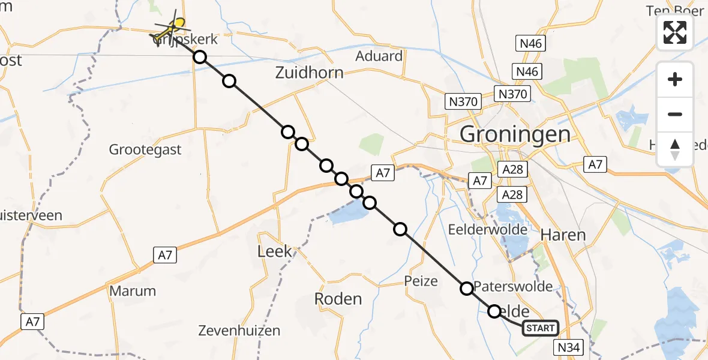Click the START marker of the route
click(540, 328)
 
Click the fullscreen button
click(675, 32)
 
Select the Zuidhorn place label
click(310, 73)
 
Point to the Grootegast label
click(145, 149)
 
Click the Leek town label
click(274, 251)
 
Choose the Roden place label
click(338, 299)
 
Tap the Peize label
click(421, 281)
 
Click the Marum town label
click(133, 292)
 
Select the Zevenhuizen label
click(240, 331)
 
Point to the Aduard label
click(379, 56)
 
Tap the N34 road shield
click(569, 347)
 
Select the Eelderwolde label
click(488, 229)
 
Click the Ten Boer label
click(674, 11)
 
